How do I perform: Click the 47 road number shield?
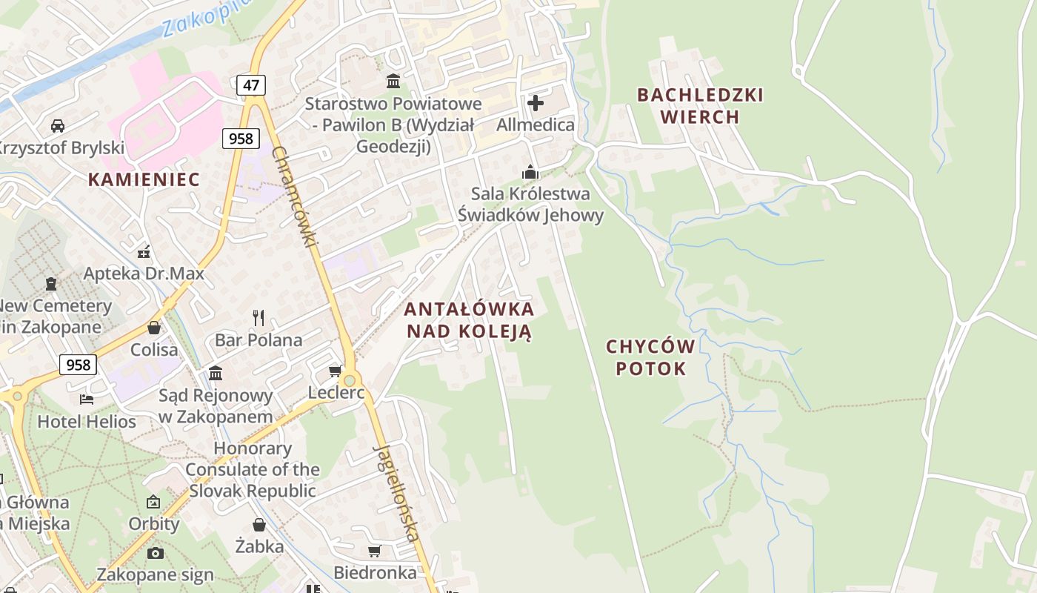251,85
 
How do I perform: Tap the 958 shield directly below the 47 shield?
240,138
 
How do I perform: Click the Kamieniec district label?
144,179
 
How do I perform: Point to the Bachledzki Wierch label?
700,105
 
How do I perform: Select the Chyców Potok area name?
650,357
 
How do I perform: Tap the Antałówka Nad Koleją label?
470,319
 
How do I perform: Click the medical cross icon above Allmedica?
536,102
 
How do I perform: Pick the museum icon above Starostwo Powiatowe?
393,81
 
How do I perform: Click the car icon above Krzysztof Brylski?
58,125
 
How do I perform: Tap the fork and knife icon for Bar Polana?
259,318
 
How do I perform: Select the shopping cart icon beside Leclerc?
335,371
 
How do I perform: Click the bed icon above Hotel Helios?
87,400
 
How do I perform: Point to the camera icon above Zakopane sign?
155,552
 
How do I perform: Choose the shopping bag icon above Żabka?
259,525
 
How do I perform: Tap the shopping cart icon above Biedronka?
374,551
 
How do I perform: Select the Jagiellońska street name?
396,493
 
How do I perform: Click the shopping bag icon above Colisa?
154,327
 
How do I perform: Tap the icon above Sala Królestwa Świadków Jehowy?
530,172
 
